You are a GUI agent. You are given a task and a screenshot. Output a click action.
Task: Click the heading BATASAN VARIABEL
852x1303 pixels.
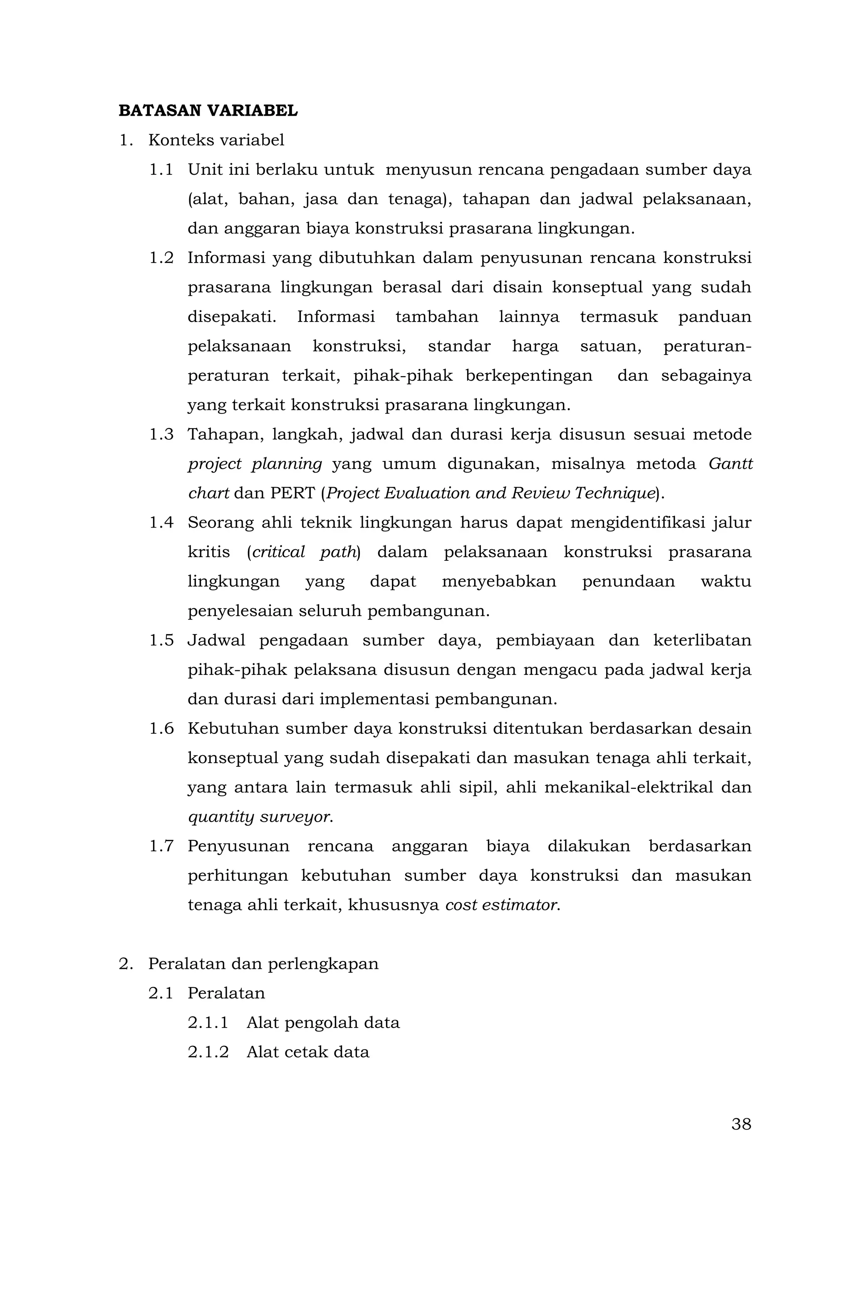coord(208,111)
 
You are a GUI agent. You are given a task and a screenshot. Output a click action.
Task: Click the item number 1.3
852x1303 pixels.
coord(161,435)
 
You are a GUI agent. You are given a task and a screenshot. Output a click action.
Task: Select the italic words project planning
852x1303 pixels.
coord(255,464)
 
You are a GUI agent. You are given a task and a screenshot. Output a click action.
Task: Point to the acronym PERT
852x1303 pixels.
coord(292,494)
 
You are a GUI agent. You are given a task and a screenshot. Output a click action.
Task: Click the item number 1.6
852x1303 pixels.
coord(161,729)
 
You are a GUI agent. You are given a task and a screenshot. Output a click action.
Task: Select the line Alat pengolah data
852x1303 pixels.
coord(323,1023)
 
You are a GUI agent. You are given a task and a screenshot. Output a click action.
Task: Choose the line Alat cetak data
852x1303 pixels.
coord(308,1052)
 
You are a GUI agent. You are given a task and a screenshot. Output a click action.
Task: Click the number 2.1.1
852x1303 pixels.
coord(208,1023)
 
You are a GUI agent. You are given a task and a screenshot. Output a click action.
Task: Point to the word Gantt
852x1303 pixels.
coord(730,464)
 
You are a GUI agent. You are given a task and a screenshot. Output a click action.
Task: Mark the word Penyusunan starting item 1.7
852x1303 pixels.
coord(238,846)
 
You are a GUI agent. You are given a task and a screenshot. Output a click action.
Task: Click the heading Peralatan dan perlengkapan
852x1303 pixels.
coord(263,964)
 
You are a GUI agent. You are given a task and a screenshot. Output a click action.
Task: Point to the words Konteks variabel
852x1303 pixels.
coord(216,141)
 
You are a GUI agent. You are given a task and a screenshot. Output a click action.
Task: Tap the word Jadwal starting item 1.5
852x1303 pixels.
coord(216,641)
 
